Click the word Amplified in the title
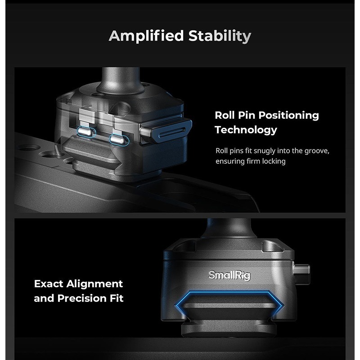coord(146,36)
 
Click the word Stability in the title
coord(220,36)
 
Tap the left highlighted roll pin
coord(86,131)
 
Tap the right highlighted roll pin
coord(119,139)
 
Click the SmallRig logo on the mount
coord(229,275)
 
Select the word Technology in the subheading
coord(246,130)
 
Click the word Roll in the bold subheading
coord(224,115)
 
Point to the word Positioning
coord(289,116)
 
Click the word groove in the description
coord(317,151)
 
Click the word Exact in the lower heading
coord(49,284)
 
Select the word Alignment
coord(94,284)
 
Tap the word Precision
coord(82,298)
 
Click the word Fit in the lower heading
coord(117,298)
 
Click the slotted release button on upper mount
coord(166,130)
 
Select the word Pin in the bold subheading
coord(246,115)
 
